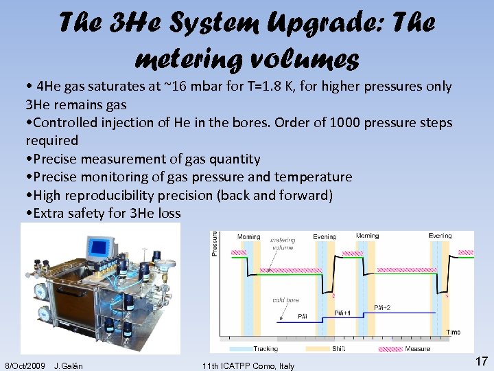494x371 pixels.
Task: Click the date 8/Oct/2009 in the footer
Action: [25, 366]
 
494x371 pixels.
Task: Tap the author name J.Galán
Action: [68, 366]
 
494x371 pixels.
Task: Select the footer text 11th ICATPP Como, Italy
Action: [248, 366]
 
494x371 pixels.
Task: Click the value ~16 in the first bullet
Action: [177, 87]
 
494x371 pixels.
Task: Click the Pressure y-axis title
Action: [214, 243]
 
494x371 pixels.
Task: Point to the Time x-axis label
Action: [454, 332]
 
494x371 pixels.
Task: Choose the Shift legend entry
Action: [338, 348]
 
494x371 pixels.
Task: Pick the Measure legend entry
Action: [417, 348]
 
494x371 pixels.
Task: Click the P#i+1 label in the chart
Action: [342, 313]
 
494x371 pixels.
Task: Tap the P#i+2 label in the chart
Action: [384, 306]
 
